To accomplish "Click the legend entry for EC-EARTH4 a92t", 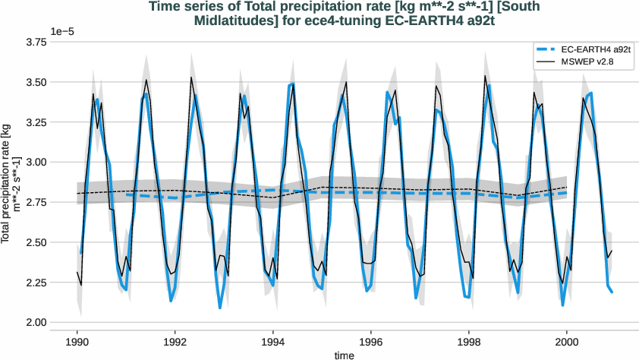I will click(x=582, y=49).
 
